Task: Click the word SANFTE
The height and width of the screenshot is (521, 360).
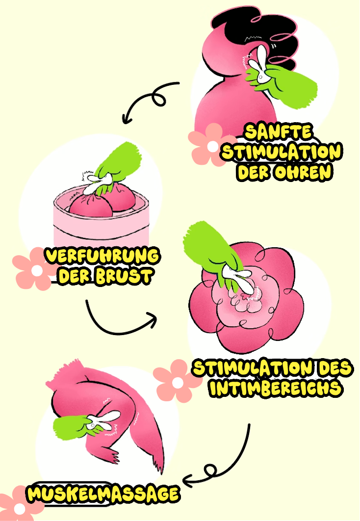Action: pyautogui.click(x=278, y=131)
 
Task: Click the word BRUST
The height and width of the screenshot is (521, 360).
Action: pyautogui.click(x=123, y=276)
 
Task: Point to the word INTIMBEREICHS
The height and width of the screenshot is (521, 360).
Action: pyautogui.click(x=276, y=388)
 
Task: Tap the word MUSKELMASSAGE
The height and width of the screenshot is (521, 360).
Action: pyautogui.click(x=103, y=493)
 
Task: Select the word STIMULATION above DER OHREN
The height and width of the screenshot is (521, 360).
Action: pyautogui.click(x=282, y=152)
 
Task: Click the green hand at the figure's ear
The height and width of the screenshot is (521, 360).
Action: pyautogui.click(x=285, y=86)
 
